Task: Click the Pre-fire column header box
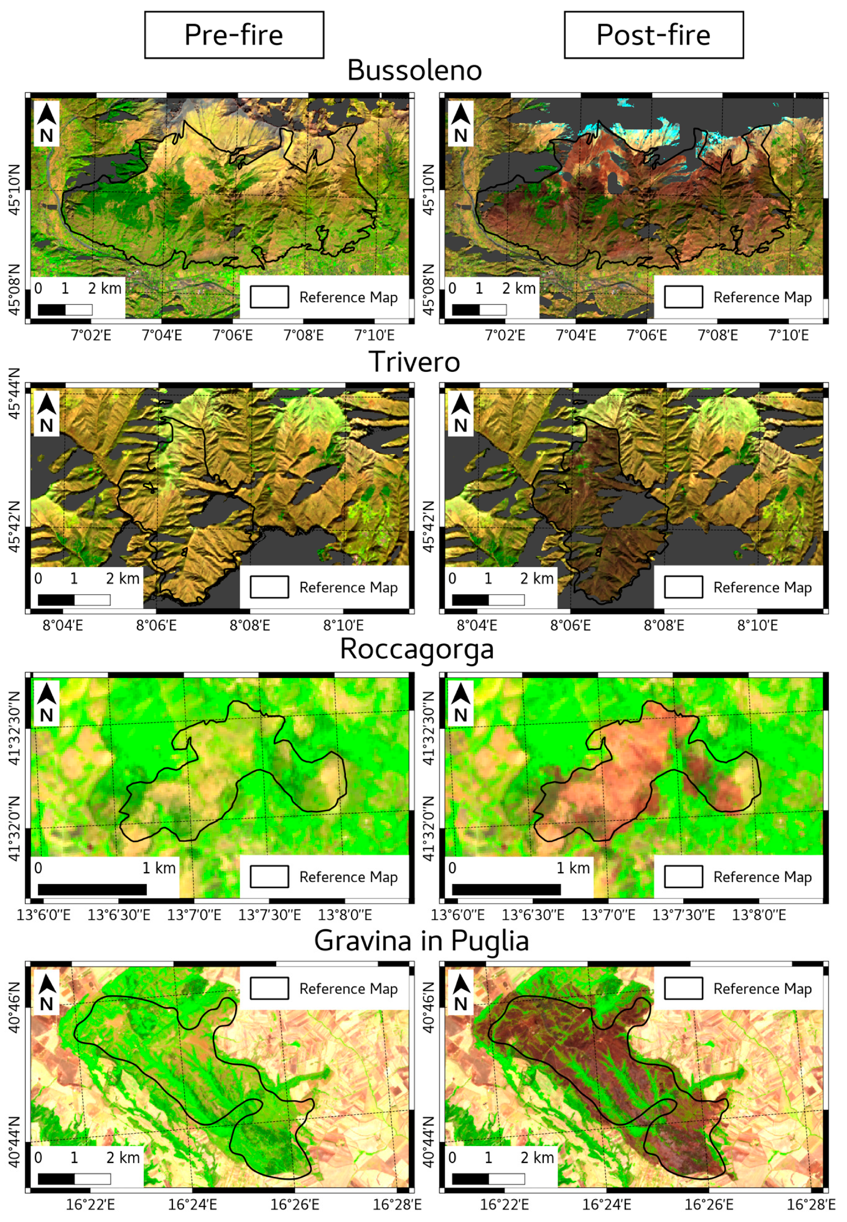click(234, 35)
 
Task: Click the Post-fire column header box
click(653, 35)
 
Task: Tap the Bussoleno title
click(414, 70)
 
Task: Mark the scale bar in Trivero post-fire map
click(488, 600)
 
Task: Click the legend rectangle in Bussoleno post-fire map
click(683, 297)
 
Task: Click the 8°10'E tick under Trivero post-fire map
click(757, 626)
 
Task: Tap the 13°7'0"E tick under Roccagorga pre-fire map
click(194, 915)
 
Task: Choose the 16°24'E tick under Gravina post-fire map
click(606, 1205)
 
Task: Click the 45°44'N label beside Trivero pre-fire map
click(15, 394)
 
